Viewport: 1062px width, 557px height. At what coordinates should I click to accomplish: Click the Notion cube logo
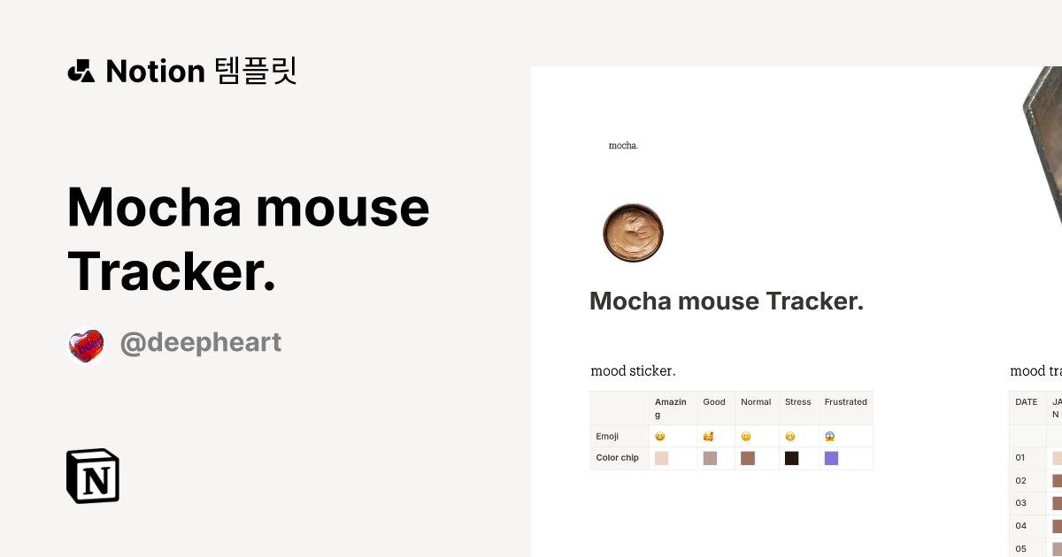tap(93, 476)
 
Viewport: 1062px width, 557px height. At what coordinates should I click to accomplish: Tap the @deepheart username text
tap(201, 343)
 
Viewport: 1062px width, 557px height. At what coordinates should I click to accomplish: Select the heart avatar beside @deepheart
tap(86, 346)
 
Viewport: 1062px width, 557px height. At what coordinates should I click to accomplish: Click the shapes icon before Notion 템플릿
tap(81, 71)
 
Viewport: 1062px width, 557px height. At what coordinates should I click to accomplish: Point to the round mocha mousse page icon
tap(633, 233)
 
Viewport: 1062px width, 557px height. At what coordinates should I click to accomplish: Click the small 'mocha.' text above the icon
tap(623, 145)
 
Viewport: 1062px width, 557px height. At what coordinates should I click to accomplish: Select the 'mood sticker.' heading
tap(633, 370)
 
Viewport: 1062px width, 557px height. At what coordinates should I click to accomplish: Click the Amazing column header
tap(671, 408)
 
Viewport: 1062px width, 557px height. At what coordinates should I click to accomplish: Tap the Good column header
tap(714, 402)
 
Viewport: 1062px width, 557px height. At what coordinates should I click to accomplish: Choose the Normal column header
tap(756, 402)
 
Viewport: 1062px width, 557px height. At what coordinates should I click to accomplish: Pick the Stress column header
tap(797, 402)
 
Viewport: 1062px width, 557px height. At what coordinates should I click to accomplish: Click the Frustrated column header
tap(845, 402)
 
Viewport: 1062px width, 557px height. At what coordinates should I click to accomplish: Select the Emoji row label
tap(607, 436)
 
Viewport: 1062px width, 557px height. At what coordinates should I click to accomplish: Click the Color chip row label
tap(618, 458)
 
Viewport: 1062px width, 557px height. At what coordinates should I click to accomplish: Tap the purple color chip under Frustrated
tap(831, 458)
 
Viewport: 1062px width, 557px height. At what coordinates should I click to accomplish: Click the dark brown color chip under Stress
tap(791, 458)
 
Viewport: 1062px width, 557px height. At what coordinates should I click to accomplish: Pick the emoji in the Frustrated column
tap(830, 437)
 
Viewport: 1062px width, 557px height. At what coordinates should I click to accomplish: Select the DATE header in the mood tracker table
tap(1027, 402)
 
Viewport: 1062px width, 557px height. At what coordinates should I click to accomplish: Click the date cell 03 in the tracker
tap(1020, 503)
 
